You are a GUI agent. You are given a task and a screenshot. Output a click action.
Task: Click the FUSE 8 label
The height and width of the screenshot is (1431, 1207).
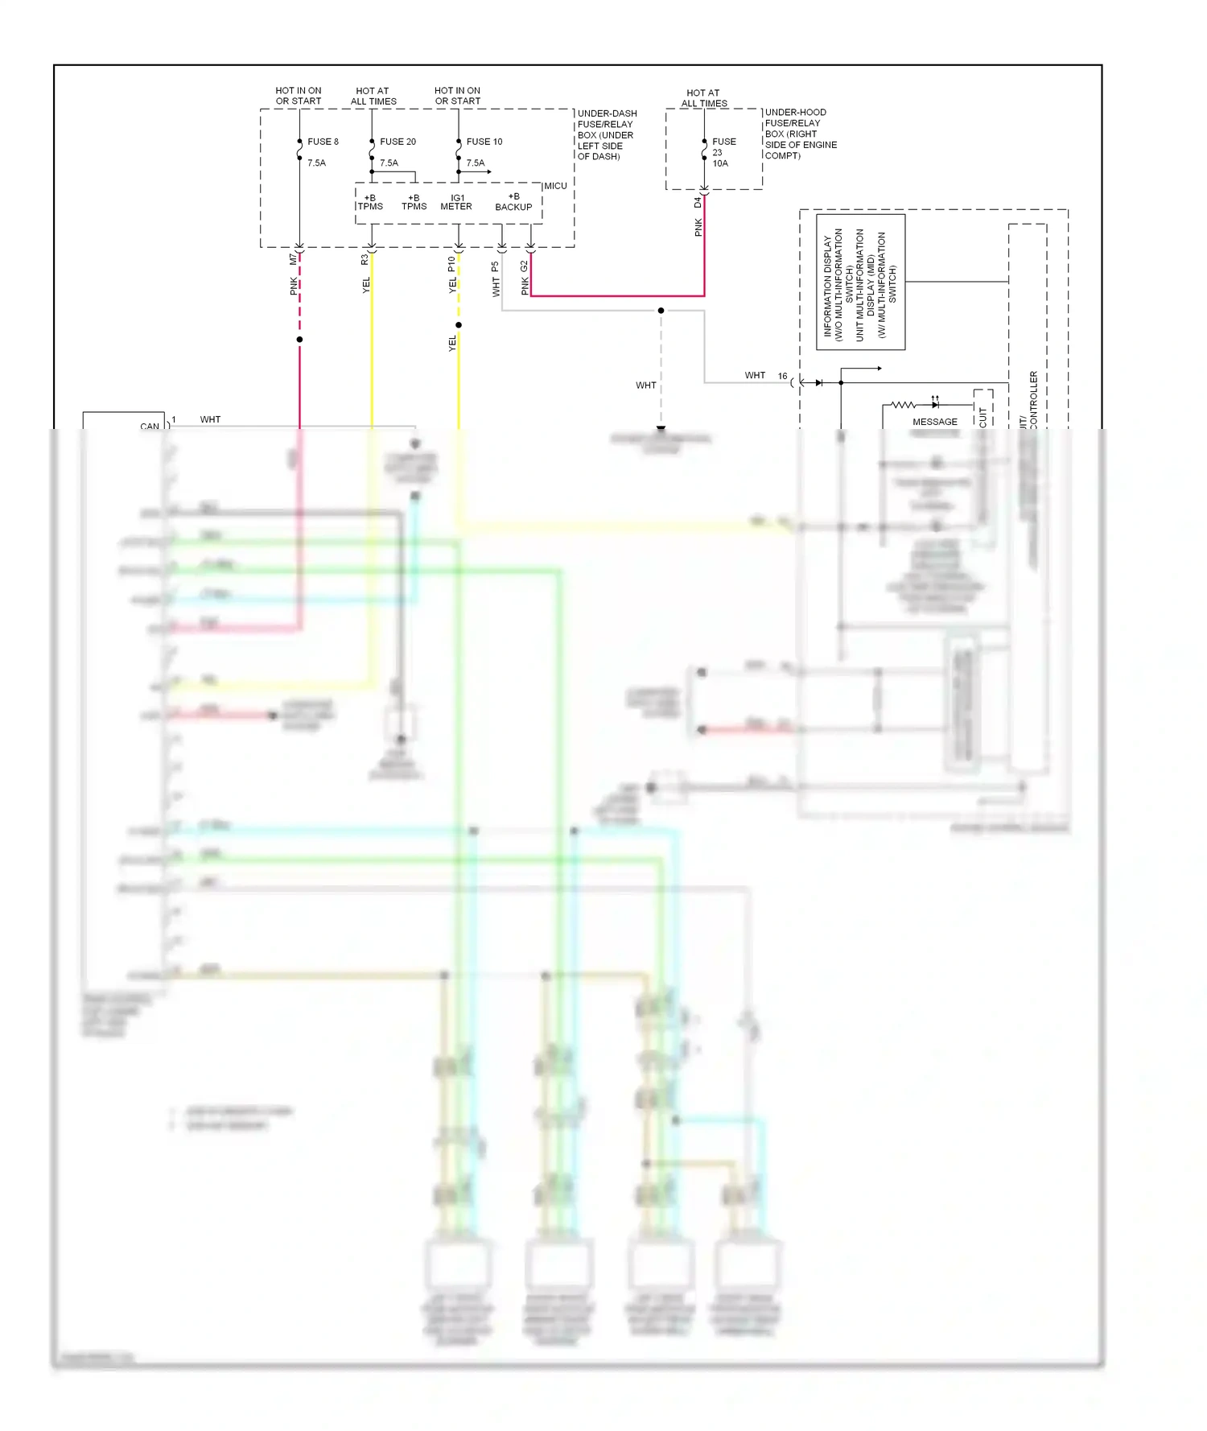(x=323, y=142)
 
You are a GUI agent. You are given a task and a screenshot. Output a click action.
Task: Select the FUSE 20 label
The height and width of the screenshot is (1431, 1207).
(x=398, y=142)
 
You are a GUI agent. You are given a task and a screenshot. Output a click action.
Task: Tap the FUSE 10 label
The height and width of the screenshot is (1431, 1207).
(x=484, y=142)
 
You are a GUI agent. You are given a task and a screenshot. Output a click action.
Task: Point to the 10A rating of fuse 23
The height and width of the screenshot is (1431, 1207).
(x=719, y=163)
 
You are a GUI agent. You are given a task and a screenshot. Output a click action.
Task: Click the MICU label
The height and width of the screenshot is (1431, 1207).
(x=555, y=186)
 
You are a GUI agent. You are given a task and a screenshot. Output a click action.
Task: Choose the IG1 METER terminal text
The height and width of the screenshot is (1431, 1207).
(x=456, y=202)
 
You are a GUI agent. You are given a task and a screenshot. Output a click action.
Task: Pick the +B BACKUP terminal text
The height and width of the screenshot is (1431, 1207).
(x=513, y=202)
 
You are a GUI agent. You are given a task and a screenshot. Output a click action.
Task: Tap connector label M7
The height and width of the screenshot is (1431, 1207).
(x=293, y=259)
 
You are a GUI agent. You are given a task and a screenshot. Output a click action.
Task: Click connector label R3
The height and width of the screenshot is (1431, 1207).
(x=365, y=259)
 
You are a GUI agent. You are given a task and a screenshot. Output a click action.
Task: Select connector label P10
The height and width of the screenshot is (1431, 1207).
(x=451, y=263)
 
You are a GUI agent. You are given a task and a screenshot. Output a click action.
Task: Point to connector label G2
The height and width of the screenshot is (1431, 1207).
(x=524, y=265)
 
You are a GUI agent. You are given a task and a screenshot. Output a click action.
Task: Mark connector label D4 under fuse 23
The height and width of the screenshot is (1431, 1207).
(x=698, y=203)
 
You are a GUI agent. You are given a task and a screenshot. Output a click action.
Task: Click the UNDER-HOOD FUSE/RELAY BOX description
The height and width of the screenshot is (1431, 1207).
(x=801, y=134)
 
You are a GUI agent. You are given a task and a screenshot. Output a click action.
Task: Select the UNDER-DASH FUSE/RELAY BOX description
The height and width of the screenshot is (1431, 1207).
(x=607, y=134)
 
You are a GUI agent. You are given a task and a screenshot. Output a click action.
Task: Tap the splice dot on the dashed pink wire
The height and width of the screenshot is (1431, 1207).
(x=299, y=340)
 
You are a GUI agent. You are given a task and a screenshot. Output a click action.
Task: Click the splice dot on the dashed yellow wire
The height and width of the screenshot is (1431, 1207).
(x=459, y=325)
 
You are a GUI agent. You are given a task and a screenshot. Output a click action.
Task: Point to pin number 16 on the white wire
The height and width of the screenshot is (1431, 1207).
(x=782, y=376)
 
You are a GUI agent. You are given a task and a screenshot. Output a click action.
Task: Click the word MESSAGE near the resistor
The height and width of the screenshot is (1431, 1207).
(x=934, y=422)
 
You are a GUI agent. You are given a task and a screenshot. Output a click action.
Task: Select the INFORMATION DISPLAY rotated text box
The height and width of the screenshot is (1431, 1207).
(x=860, y=282)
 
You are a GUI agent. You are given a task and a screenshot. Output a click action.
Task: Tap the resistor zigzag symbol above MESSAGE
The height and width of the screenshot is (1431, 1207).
(x=903, y=405)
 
